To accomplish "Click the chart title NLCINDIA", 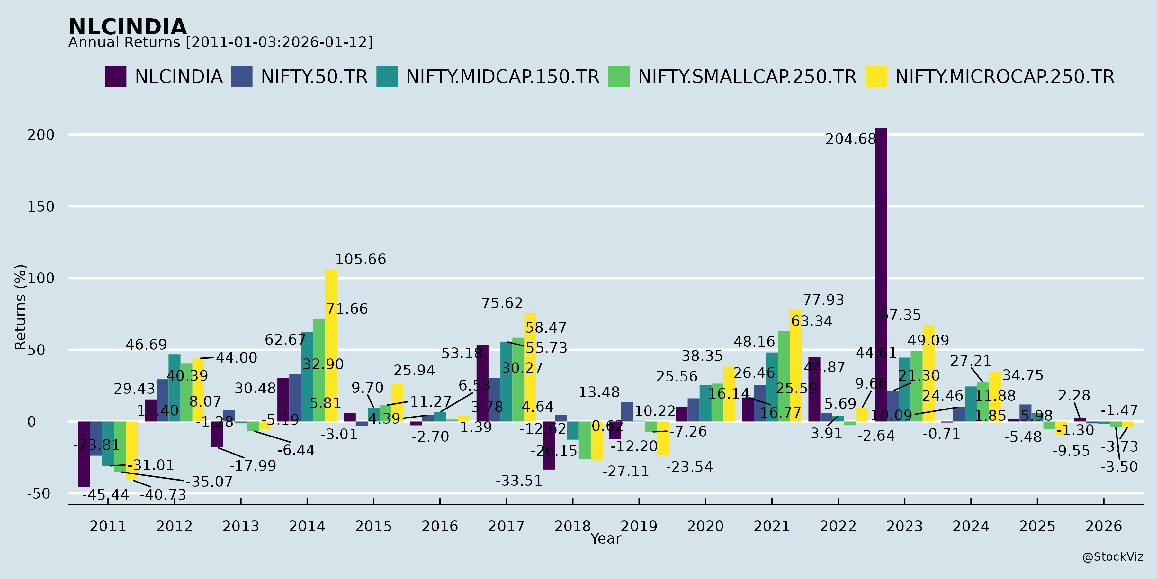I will (x=128, y=27).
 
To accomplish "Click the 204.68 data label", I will (x=850, y=139).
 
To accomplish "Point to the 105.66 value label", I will (x=360, y=259).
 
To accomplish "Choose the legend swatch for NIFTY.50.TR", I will (x=242, y=77).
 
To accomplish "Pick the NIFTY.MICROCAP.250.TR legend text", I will (x=1005, y=77).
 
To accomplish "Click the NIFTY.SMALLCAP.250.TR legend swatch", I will (x=618, y=77).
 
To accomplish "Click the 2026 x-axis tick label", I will (x=1104, y=526).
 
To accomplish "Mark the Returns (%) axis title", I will (x=20, y=307).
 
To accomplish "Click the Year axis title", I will (x=605, y=538).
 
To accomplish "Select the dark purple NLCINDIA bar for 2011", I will (x=84, y=454).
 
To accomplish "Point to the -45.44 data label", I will (x=105, y=495).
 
